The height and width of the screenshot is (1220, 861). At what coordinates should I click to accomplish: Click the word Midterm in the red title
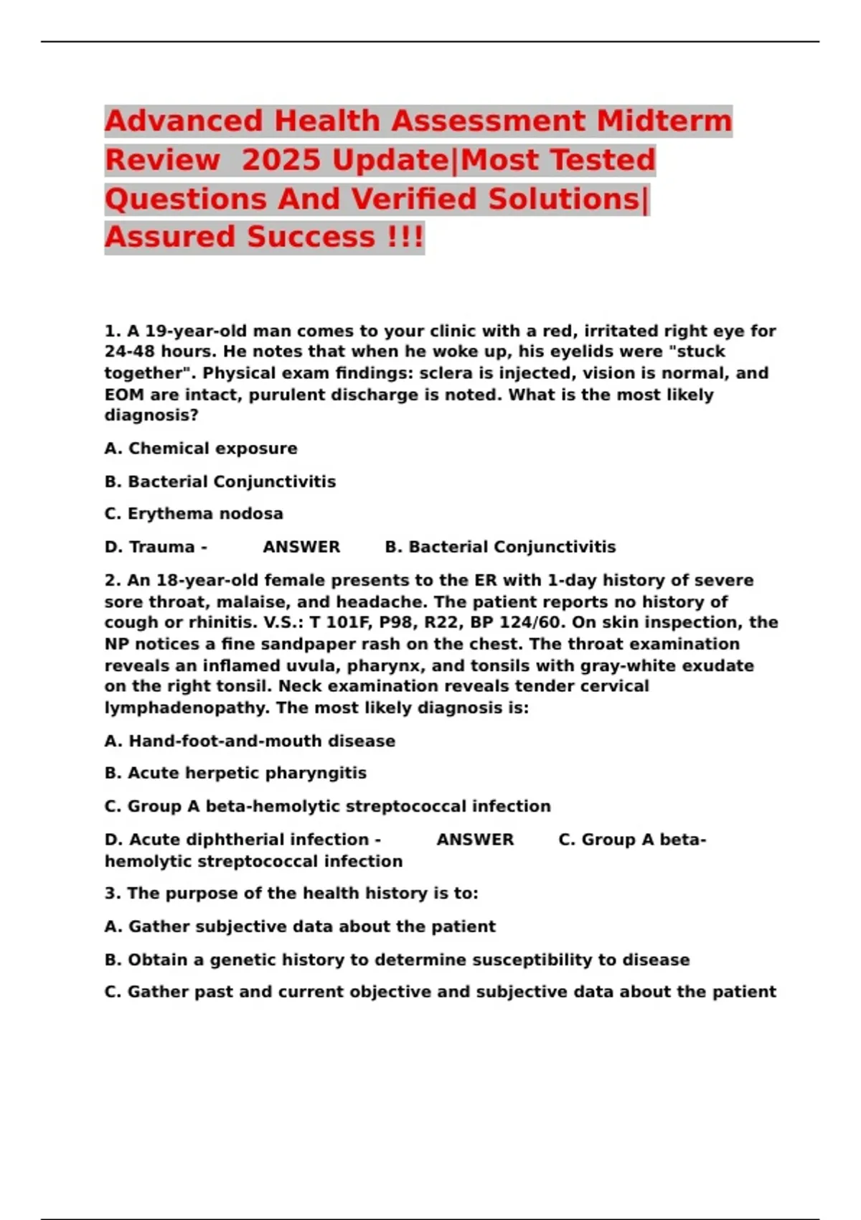coord(664,121)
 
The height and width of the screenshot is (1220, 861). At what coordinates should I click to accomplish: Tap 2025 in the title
coord(281,159)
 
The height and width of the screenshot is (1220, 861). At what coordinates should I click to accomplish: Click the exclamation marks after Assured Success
coord(405,236)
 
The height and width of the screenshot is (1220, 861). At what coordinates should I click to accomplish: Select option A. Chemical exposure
coord(201,449)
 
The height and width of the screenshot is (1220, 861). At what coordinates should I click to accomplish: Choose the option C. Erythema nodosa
coord(194,514)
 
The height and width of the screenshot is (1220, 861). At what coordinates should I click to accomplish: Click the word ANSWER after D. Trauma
coord(301,547)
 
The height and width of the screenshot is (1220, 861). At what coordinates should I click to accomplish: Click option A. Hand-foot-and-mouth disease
coord(250,741)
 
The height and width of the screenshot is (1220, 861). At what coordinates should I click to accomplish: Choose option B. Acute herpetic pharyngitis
coord(235,773)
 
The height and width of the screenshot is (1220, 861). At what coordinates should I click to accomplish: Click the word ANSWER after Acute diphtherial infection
coord(475,840)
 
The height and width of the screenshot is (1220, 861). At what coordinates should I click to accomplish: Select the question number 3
coord(113,893)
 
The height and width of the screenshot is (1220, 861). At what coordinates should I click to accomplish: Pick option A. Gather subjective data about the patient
coord(300,926)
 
